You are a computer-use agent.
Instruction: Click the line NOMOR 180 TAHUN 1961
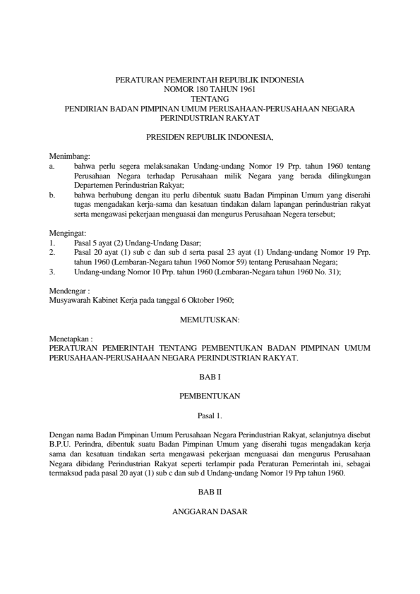(x=210, y=90)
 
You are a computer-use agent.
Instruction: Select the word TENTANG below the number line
(x=210, y=99)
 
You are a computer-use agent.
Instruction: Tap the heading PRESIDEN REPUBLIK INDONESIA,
(x=210, y=135)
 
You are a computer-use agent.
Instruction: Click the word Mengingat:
(x=66, y=232)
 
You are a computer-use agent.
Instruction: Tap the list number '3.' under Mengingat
(x=52, y=270)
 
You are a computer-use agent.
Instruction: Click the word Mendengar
(x=67, y=289)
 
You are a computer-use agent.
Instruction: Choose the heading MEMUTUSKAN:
(x=210, y=319)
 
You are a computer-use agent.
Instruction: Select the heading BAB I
(x=210, y=377)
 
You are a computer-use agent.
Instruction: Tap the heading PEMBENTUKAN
(x=210, y=396)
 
